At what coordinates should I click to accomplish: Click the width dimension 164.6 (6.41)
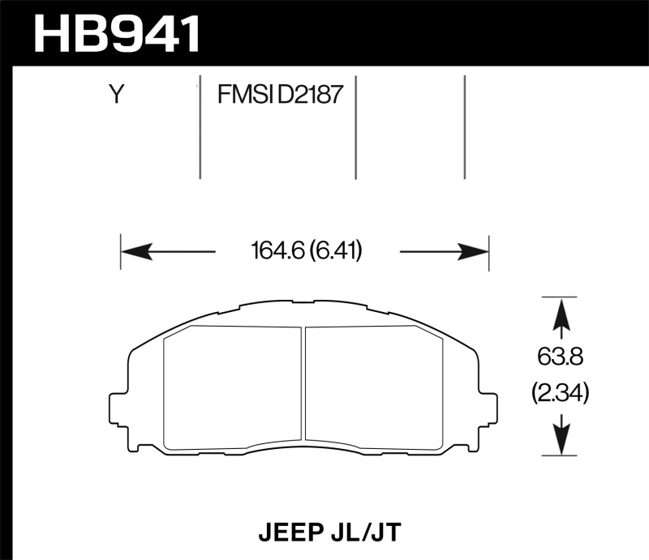(x=307, y=251)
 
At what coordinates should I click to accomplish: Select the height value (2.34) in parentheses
(x=559, y=394)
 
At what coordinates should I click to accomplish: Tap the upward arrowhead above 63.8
(x=559, y=312)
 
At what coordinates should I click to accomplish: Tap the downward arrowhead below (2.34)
(x=559, y=442)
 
